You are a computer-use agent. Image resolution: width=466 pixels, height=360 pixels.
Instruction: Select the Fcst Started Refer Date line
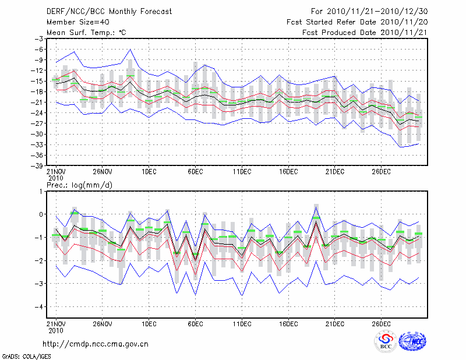[356, 22]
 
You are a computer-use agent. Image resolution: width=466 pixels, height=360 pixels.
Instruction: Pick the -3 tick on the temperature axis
[41, 38]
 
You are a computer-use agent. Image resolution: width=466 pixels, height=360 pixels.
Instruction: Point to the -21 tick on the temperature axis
[40, 102]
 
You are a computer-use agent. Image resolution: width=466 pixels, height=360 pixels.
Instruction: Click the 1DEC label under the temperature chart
[149, 171]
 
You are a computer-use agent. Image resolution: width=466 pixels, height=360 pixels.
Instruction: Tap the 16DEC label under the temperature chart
[288, 171]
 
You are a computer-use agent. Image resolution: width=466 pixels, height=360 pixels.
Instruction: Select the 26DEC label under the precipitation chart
[381, 322]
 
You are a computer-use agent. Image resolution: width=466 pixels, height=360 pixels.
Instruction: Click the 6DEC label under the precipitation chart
[195, 322]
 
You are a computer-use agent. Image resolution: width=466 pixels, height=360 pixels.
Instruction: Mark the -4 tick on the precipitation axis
[41, 306]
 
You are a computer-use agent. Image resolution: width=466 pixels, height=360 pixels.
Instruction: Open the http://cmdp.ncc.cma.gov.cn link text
[96, 344]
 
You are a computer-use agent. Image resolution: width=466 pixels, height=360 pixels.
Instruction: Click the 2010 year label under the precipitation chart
[56, 329]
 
